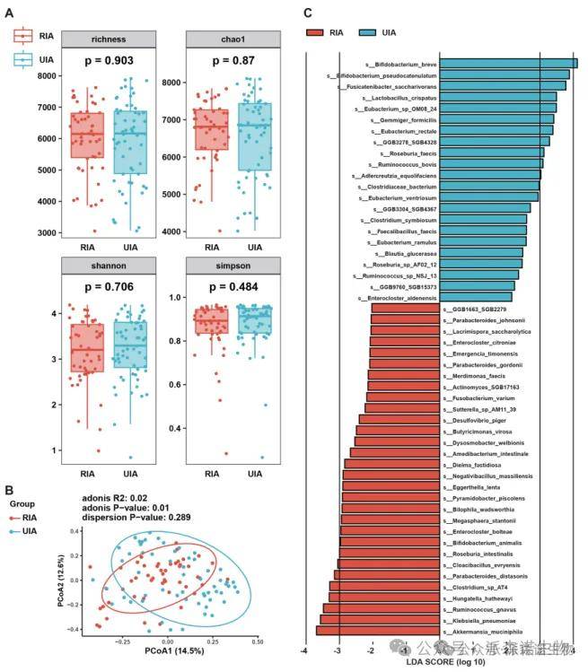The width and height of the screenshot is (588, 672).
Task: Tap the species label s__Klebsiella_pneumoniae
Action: pos(484,619)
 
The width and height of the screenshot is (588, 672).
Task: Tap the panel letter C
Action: pos(308,13)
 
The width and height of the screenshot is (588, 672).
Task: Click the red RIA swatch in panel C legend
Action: pos(320,31)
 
